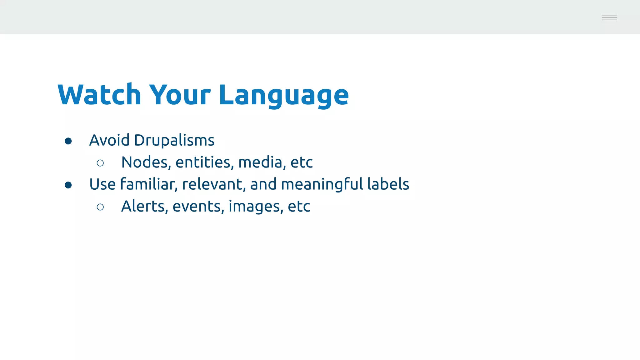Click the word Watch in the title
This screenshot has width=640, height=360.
click(x=99, y=95)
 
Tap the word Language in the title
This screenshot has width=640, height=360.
click(x=283, y=95)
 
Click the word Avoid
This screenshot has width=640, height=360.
click(x=109, y=140)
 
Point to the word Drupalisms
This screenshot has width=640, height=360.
click(x=174, y=140)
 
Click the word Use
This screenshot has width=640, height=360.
click(x=102, y=184)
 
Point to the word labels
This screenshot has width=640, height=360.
click(x=388, y=184)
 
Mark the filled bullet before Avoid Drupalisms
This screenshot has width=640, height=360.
click(x=68, y=141)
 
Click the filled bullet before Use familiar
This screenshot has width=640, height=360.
click(x=68, y=185)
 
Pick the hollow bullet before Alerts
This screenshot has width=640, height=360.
click(x=100, y=207)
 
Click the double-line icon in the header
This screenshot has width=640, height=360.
click(x=609, y=17)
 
